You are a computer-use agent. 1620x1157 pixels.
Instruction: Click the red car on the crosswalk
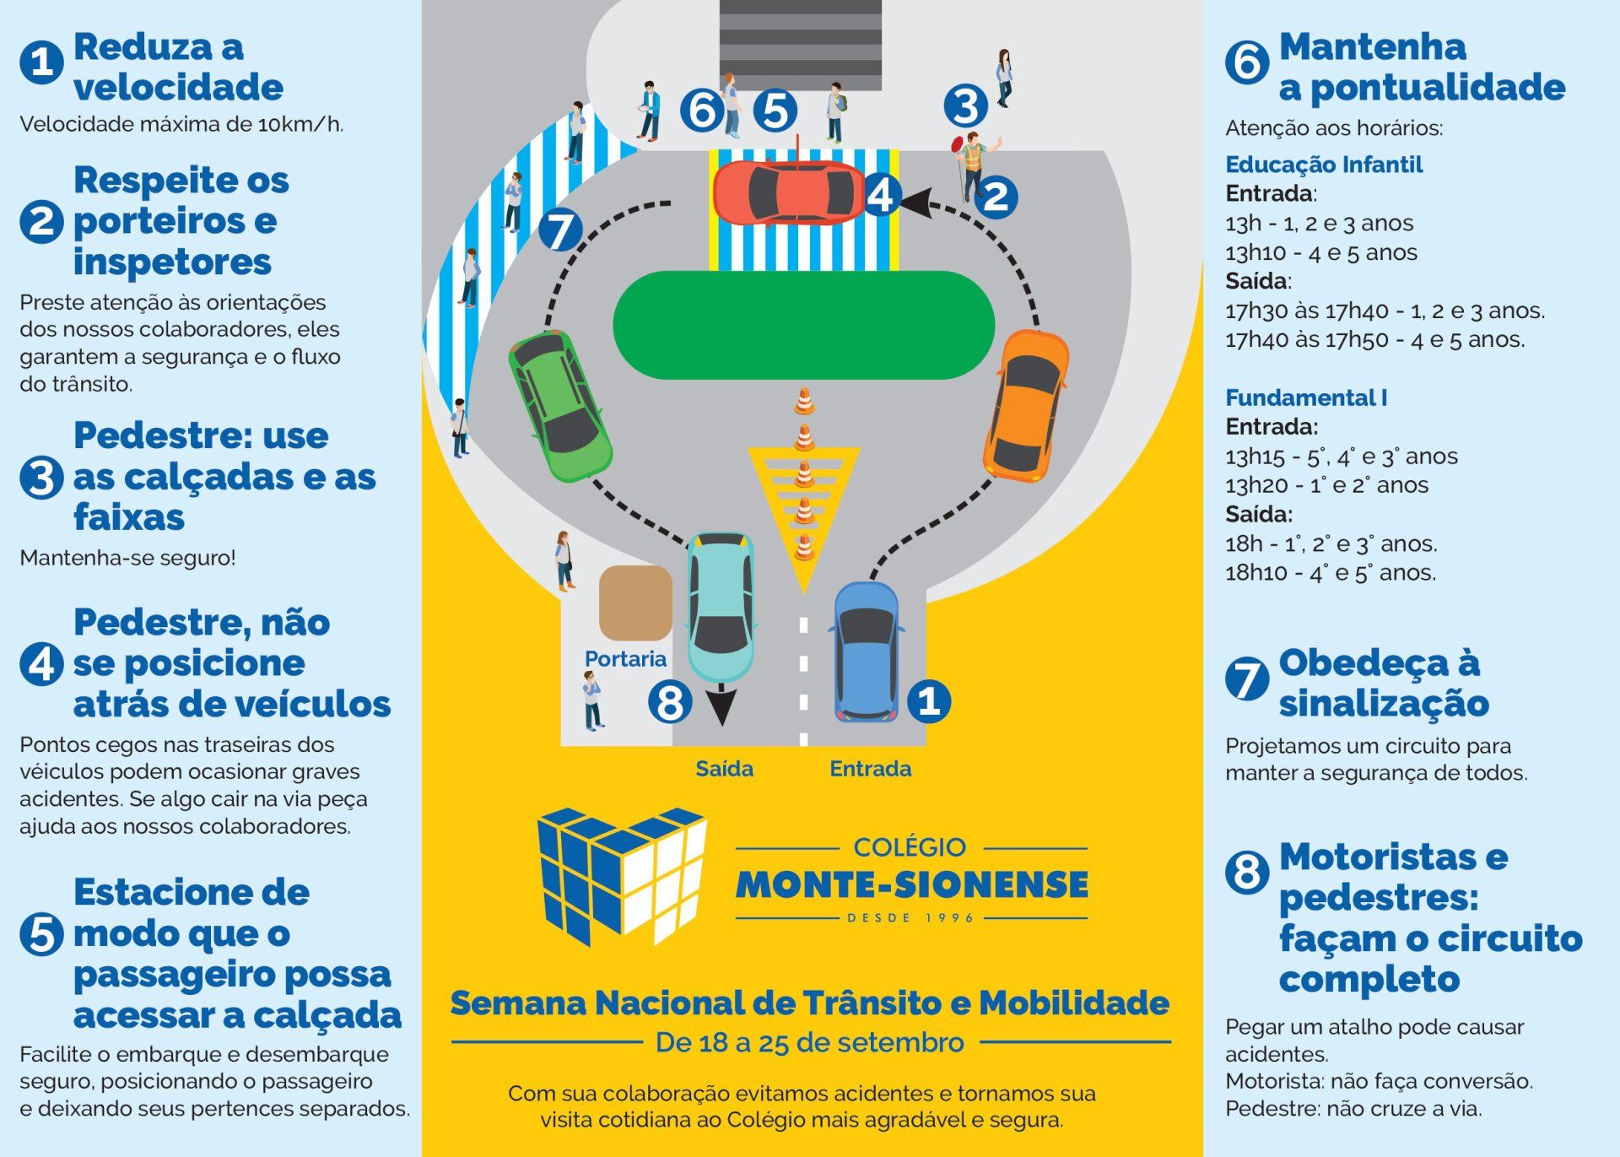click(x=789, y=192)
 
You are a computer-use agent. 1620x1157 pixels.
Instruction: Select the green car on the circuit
click(x=559, y=406)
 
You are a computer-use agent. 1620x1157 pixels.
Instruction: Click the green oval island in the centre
click(x=803, y=325)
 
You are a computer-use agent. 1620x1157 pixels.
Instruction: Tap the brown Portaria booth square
click(x=635, y=603)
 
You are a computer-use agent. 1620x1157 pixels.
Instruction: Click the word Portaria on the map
click(x=625, y=659)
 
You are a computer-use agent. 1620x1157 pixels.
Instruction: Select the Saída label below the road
click(x=724, y=769)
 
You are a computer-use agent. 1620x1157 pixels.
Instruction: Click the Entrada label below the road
click(x=870, y=769)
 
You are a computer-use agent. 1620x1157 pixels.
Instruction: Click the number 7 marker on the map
click(x=560, y=230)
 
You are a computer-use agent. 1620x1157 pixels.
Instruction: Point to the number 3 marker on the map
click(x=966, y=105)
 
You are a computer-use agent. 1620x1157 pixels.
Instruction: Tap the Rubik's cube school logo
click(x=623, y=876)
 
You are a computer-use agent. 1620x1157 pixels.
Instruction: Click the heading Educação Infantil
click(x=1324, y=165)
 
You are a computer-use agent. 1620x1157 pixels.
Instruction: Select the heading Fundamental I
click(x=1306, y=397)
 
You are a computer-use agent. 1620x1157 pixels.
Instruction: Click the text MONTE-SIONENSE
click(x=912, y=884)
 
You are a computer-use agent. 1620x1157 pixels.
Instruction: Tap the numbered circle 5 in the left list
click(x=41, y=934)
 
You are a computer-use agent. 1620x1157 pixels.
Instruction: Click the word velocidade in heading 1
click(x=178, y=87)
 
